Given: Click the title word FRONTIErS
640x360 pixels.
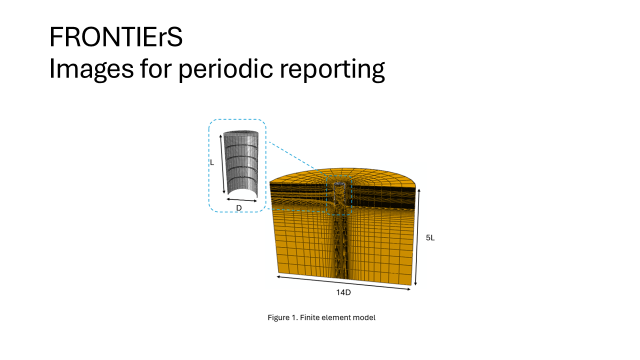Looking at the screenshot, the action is click(116, 37).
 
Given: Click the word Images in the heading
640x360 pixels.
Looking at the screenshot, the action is click(91, 69).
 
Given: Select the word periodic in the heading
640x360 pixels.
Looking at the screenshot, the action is click(225, 69).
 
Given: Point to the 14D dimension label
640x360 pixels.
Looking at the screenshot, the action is click(343, 292).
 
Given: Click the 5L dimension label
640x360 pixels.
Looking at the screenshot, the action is click(430, 237).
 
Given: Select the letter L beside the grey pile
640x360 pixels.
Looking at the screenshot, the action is click(212, 162).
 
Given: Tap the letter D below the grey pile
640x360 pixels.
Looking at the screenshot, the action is click(239, 208).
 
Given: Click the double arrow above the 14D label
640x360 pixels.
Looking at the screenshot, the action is click(343, 283).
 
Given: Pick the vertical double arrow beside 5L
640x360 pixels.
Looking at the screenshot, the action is click(417, 237).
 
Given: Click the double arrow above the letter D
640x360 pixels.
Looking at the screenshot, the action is click(241, 200).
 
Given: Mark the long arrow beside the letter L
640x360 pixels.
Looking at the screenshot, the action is click(222, 164).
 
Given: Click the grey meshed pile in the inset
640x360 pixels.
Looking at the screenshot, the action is click(241, 163).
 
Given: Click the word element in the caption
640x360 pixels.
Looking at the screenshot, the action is click(335, 317).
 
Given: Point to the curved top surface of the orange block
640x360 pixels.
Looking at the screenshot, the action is click(343, 175).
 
